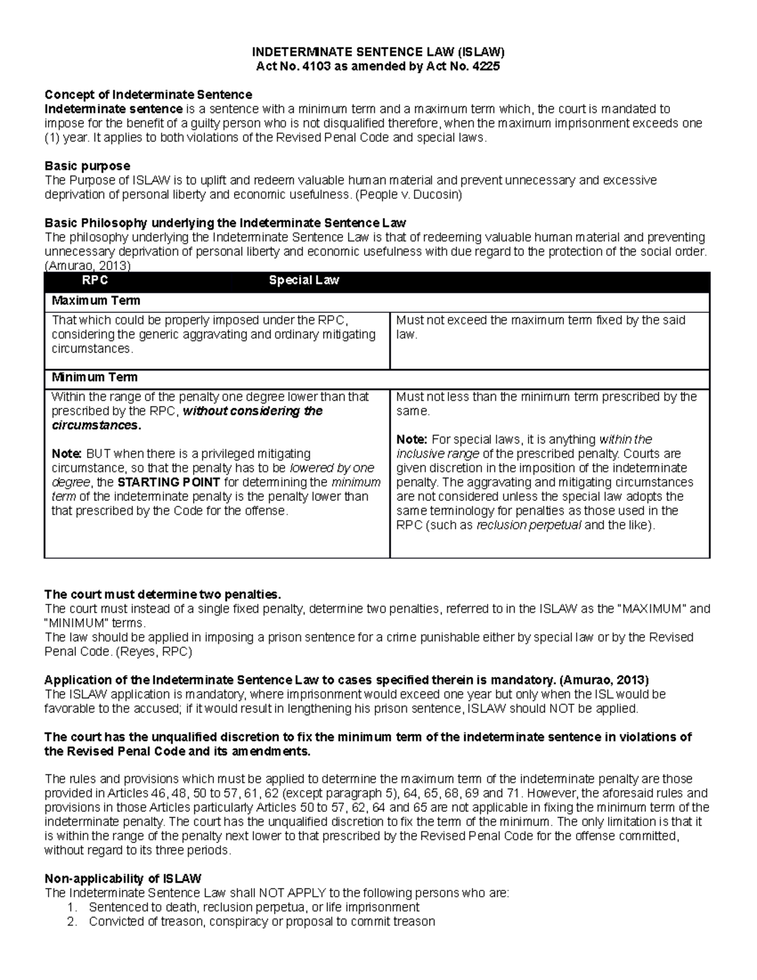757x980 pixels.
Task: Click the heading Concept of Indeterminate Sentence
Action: pyautogui.click(x=148, y=95)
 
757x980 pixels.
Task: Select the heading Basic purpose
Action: pyautogui.click(x=87, y=166)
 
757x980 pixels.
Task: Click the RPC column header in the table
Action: pyautogui.click(x=95, y=280)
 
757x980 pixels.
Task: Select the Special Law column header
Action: pyautogui.click(x=304, y=280)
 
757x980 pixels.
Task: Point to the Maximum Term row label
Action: pyautogui.click(x=95, y=300)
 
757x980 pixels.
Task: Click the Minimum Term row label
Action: pyautogui.click(x=94, y=377)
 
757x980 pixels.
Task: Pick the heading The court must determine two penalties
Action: pyautogui.click(x=161, y=594)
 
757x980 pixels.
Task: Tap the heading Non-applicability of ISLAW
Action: pyautogui.click(x=122, y=878)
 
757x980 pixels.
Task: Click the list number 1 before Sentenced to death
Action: pyautogui.click(x=71, y=907)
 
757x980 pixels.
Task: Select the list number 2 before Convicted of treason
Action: pyautogui.click(x=71, y=921)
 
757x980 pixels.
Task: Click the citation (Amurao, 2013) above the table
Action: pyautogui.click(x=87, y=266)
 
